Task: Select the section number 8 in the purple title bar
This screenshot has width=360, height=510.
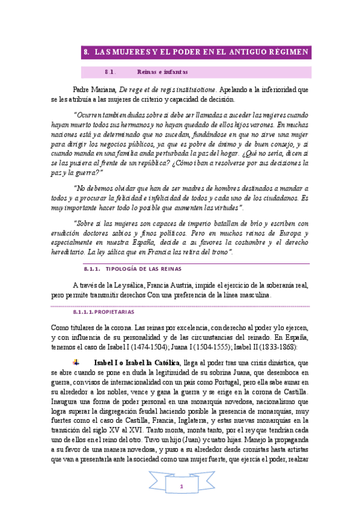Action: tap(87, 53)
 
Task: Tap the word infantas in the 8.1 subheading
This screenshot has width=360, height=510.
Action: tap(175, 72)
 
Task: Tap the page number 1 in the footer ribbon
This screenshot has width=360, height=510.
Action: tap(180, 486)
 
